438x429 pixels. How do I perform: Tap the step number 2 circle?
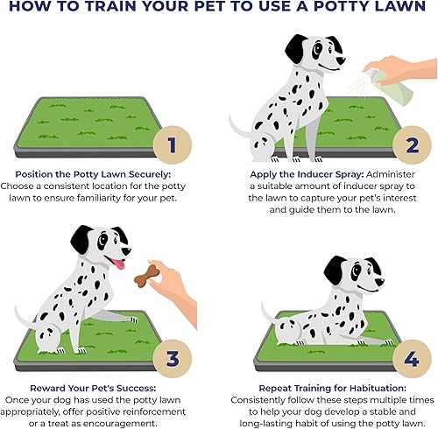[409, 144]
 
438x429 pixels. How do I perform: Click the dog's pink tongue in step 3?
[116, 264]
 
